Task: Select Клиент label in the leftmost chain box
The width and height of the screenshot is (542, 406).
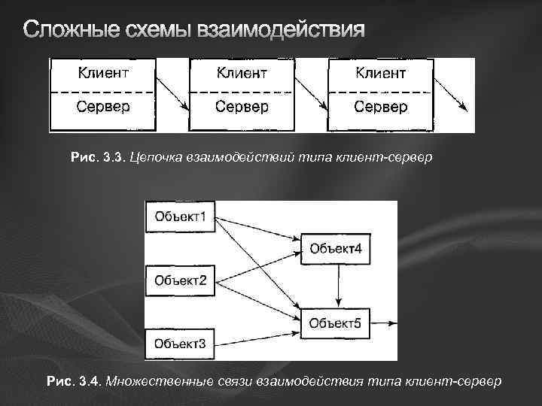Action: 103,73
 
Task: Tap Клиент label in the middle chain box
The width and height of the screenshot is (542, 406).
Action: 242,73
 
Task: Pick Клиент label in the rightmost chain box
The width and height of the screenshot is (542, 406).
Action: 380,73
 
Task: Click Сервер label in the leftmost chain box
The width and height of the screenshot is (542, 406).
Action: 103,106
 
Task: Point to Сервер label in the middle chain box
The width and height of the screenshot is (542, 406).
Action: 242,106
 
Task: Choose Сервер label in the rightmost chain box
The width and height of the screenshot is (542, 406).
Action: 380,106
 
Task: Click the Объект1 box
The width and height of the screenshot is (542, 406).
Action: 181,217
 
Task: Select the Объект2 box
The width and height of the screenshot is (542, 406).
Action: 181,281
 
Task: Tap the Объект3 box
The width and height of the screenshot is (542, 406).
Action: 181,344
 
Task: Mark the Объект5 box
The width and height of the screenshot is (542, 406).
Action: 336,323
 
